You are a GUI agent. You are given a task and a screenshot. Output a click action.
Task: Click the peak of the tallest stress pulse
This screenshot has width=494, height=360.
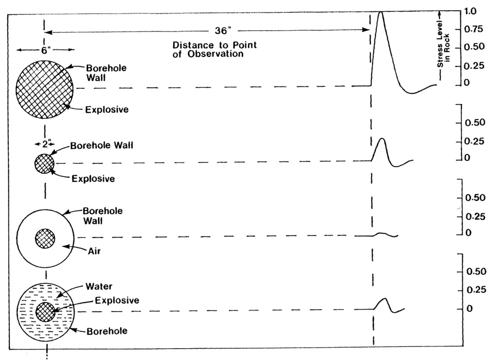[x=380, y=12]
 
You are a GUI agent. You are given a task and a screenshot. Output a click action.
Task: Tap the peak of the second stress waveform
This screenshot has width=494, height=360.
[x=381, y=139]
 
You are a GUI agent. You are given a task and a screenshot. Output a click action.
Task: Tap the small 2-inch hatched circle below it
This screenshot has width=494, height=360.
[x=44, y=163]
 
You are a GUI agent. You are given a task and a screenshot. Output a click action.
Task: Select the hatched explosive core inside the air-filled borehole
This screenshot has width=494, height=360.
[x=45, y=239]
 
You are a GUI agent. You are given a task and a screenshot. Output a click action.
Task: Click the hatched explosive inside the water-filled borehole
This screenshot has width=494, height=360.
[x=45, y=312]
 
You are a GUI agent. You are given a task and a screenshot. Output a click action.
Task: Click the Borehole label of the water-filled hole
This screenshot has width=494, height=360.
[x=107, y=331]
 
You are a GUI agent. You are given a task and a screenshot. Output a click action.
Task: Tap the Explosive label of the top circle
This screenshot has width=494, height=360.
[x=106, y=110]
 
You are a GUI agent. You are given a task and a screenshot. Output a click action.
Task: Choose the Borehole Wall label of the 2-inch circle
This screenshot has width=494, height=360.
[x=102, y=146]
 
